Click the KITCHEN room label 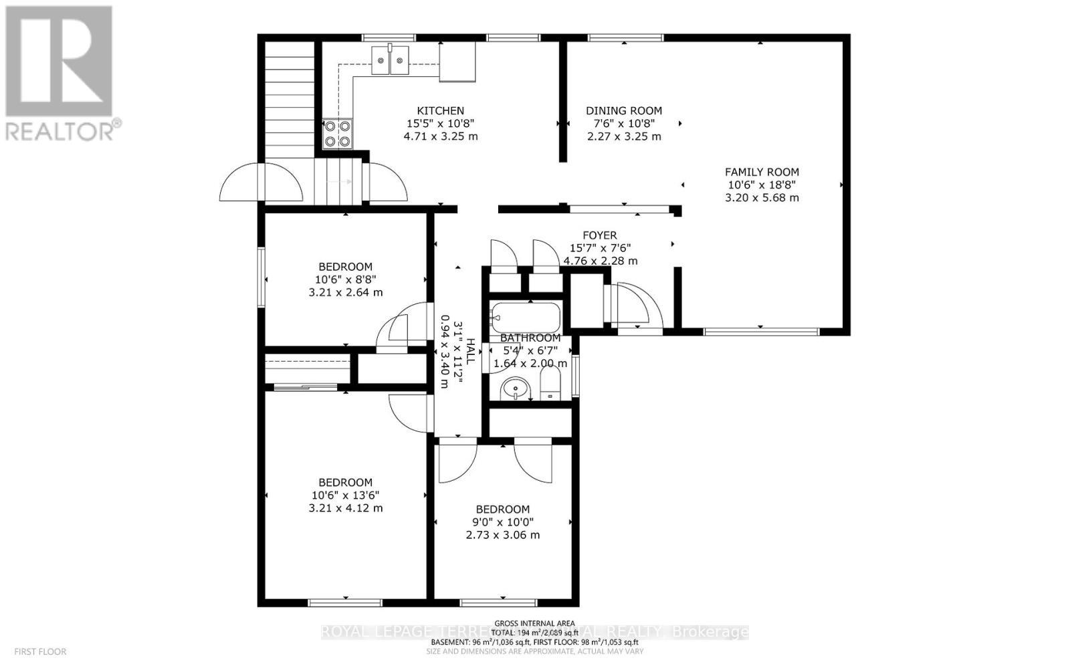click(x=440, y=111)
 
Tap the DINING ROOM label click(x=624, y=111)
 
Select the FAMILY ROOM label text click(x=762, y=172)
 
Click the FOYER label click(x=600, y=235)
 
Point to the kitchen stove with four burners click(x=337, y=133)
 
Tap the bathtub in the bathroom click(x=526, y=316)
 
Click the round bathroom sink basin click(x=516, y=388)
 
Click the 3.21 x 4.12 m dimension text click(x=345, y=508)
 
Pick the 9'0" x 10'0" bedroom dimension click(x=502, y=522)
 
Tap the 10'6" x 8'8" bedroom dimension click(x=345, y=280)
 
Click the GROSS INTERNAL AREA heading click(x=534, y=623)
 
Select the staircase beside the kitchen click(x=290, y=100)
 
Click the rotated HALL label click(x=471, y=352)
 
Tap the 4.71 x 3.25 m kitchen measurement click(x=440, y=136)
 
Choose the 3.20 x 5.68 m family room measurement click(x=762, y=198)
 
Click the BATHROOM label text click(x=530, y=338)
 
